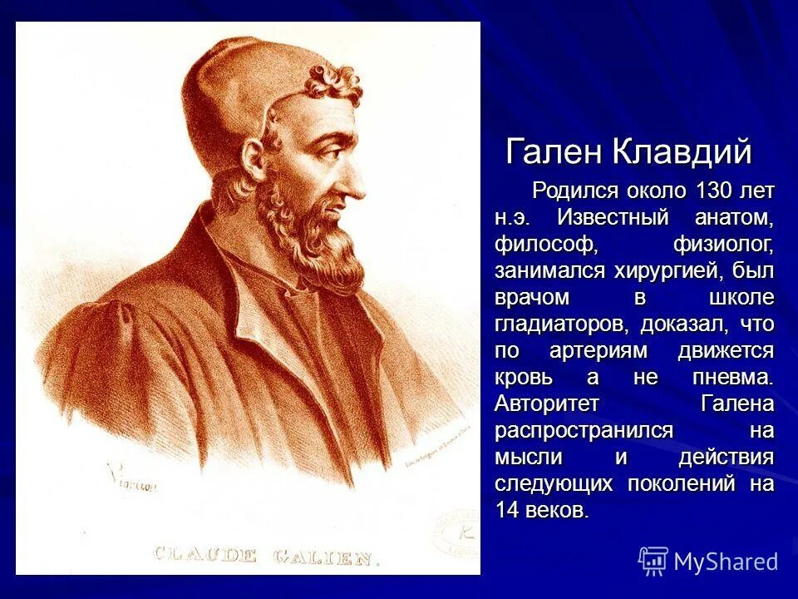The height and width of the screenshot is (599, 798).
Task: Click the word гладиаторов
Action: [561, 324]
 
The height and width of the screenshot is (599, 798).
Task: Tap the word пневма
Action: [732, 377]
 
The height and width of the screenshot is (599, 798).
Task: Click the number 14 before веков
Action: [507, 510]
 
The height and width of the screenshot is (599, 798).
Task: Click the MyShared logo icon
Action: [653, 561]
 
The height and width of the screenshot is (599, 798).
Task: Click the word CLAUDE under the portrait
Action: [204, 554]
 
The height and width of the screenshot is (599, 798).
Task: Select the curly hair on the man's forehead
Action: [332, 83]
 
